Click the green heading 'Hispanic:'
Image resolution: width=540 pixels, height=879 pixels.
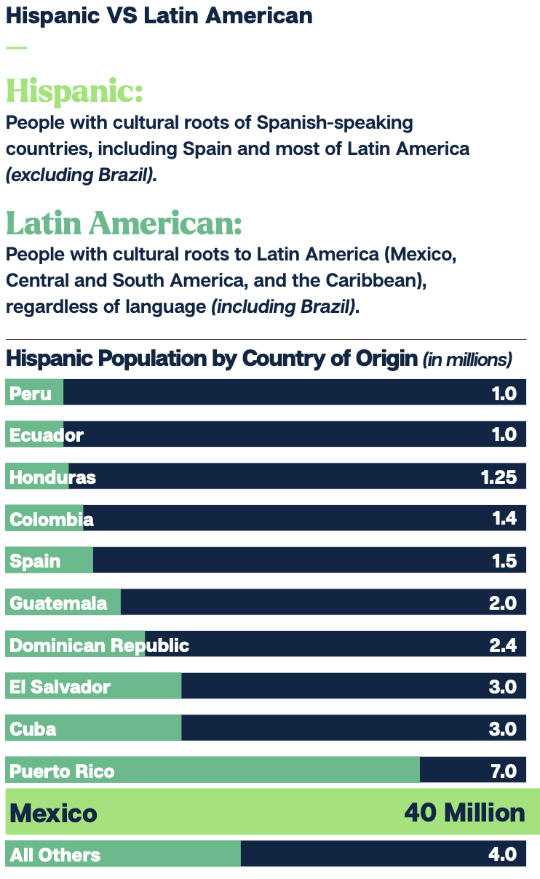[x=74, y=92]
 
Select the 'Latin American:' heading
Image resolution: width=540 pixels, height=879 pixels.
[x=124, y=223]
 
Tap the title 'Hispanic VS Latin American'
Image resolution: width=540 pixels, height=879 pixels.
[x=159, y=15]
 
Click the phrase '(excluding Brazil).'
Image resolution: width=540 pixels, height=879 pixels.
[x=82, y=176]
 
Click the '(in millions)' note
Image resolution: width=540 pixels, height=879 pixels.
[x=467, y=359]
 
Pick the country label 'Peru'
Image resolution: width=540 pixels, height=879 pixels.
[x=31, y=394]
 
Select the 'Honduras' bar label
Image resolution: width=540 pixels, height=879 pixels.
[x=52, y=477]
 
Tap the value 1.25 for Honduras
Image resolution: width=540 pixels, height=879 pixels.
[x=499, y=477]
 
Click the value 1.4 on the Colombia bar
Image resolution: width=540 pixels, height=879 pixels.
[x=504, y=519]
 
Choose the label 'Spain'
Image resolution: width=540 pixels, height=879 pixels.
[x=35, y=561]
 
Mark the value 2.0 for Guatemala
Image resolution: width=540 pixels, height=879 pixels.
[x=503, y=603]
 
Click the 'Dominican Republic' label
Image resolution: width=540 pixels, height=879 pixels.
[x=99, y=645]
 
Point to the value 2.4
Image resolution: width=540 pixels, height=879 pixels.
[x=503, y=645]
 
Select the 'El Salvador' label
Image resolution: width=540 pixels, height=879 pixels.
[x=60, y=687]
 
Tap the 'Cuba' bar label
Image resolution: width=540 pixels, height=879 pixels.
[x=33, y=729]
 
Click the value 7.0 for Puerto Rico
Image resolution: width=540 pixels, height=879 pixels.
[x=504, y=771]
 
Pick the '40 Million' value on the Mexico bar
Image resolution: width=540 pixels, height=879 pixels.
[x=464, y=812]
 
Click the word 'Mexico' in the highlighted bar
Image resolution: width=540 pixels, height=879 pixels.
[x=54, y=813]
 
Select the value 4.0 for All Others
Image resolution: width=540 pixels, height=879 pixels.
[x=503, y=855]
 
